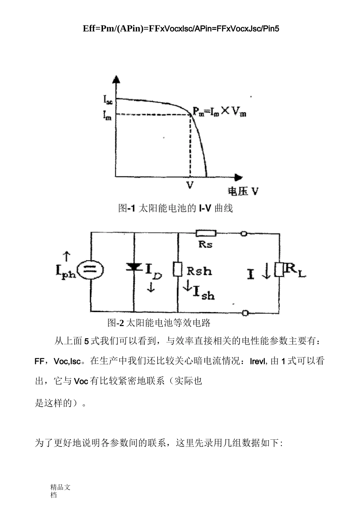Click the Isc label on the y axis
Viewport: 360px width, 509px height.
click(108, 100)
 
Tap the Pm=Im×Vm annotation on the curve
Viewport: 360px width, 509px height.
click(219, 112)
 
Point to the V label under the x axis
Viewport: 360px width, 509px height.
click(190, 185)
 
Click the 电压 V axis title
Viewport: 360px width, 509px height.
click(243, 191)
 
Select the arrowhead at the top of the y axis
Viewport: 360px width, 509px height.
click(116, 80)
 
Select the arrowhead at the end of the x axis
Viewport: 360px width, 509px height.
click(238, 177)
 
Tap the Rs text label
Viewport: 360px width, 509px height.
click(205, 244)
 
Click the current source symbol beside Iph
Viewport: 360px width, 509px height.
click(91, 270)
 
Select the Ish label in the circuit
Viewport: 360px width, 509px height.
click(203, 292)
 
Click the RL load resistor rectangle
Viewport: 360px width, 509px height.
click(279, 270)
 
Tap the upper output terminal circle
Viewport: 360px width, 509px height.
click(244, 234)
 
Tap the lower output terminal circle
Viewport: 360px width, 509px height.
click(245, 313)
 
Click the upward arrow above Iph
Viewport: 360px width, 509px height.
click(66, 256)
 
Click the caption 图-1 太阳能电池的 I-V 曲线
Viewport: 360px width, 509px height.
click(175, 208)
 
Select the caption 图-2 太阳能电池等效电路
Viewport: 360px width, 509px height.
click(159, 323)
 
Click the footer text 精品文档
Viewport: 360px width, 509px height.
click(60, 491)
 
